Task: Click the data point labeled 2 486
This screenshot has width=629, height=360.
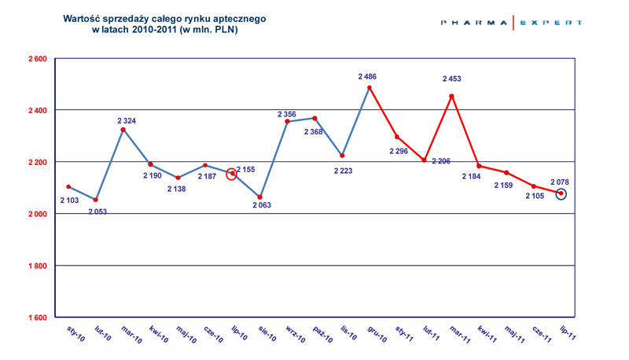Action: click(370, 87)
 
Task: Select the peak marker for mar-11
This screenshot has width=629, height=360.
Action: click(451, 96)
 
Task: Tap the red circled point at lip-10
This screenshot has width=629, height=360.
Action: click(232, 174)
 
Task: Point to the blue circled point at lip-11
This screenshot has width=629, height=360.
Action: click(561, 193)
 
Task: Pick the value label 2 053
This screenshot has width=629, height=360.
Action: click(97, 211)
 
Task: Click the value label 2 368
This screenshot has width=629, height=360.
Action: click(313, 131)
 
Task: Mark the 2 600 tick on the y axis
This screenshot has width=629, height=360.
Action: click(37, 59)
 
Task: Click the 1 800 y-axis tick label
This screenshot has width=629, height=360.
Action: click(37, 266)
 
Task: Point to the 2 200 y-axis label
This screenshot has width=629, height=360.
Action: click(37, 162)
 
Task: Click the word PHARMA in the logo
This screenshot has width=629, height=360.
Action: click(474, 23)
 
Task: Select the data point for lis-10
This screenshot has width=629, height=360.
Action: click(342, 156)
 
